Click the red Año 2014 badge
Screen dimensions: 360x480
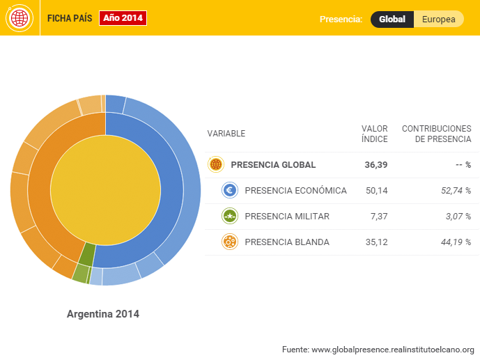pos(123,18)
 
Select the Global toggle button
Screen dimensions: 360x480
pos(392,19)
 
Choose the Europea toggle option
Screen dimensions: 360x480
pos(439,19)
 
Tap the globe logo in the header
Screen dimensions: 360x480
pos(19,18)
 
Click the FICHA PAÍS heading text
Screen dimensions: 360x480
pos(69,18)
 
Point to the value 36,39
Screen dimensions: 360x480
pos(376,165)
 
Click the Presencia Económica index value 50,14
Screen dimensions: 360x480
pos(376,191)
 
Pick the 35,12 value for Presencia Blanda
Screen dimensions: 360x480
pos(376,242)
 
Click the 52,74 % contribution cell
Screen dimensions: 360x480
pos(456,191)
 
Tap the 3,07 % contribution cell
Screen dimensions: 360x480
pos(458,217)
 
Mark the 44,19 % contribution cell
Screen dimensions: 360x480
pos(456,242)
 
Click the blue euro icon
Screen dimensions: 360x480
pos(230,191)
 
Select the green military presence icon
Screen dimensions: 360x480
pos(230,217)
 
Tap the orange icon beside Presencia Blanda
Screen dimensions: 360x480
pos(230,242)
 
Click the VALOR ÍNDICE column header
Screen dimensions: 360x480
pos(375,134)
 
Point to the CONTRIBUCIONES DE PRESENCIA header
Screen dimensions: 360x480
pos(437,134)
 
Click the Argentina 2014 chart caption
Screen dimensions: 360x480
pos(103,314)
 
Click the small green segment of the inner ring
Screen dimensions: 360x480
pos(87,254)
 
